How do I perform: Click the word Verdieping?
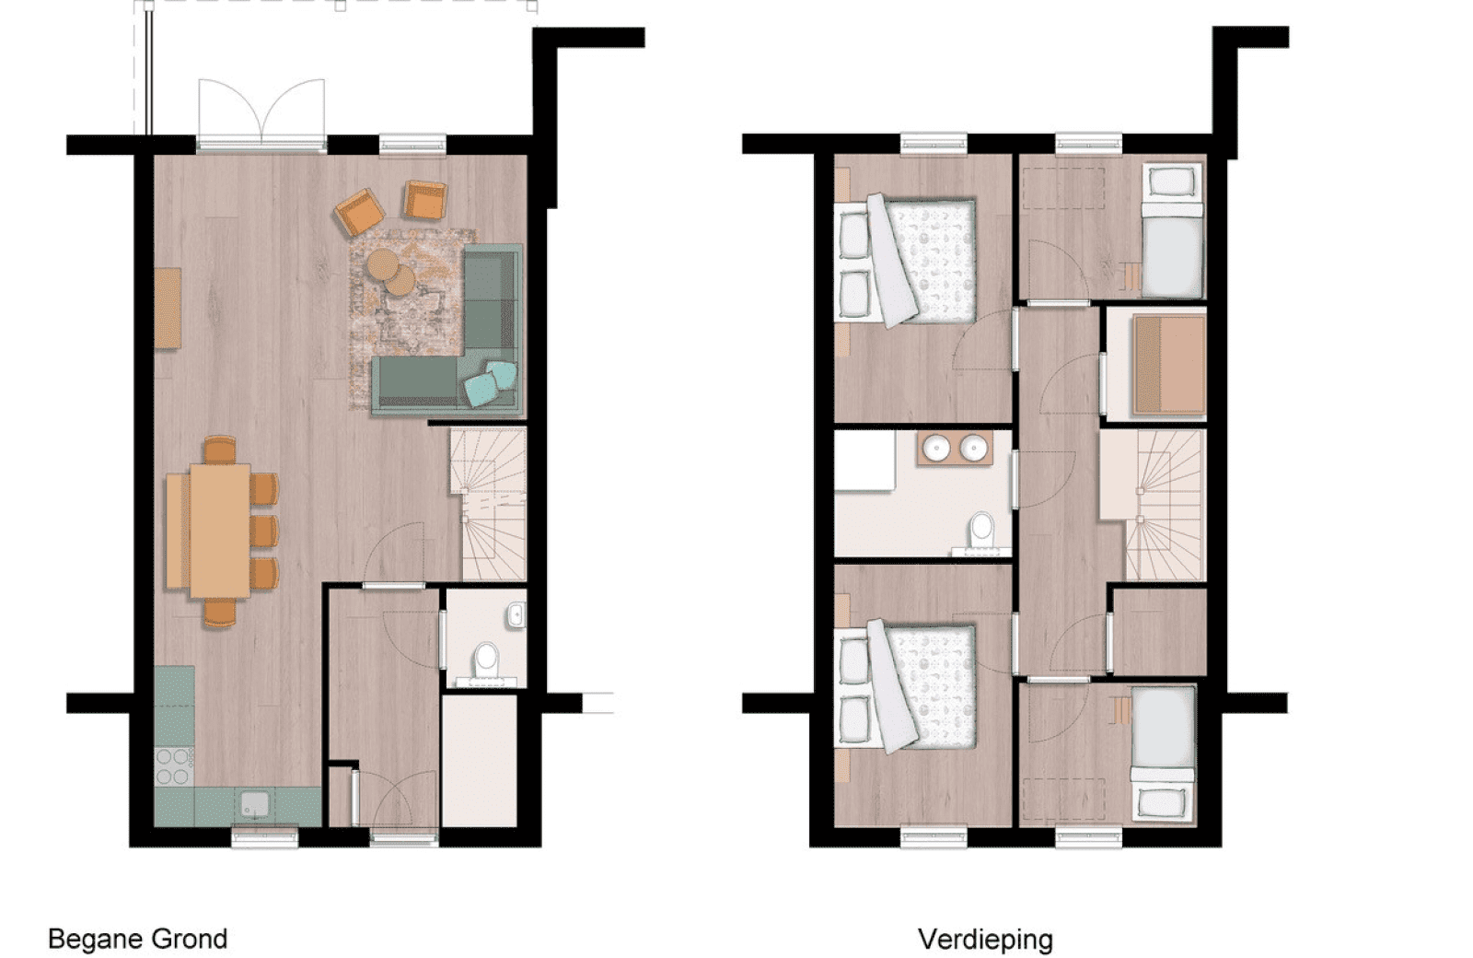985,939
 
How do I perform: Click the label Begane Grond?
137,939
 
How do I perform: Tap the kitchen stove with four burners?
173,766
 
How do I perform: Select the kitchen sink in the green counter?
254,804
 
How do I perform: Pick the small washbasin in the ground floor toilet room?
516,615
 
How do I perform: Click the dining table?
220,531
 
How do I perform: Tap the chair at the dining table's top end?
220,450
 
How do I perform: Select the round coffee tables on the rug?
390,272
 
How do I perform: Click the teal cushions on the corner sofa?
491,382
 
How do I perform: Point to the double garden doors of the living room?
261,115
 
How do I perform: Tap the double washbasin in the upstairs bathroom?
955,449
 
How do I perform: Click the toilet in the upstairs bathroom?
981,532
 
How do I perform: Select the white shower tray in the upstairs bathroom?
864,461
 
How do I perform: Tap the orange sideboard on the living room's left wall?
167,308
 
